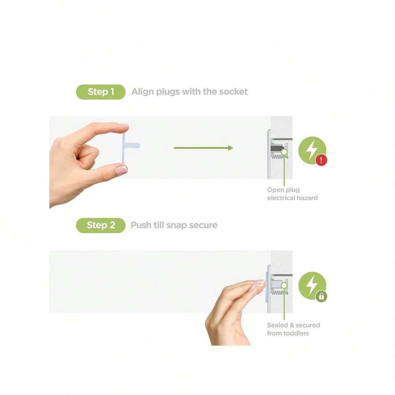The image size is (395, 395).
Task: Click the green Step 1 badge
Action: (x=101, y=92)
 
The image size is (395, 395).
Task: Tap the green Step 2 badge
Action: (x=101, y=225)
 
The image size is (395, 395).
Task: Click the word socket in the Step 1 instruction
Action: (x=233, y=92)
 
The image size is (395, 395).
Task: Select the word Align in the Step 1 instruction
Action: (x=143, y=92)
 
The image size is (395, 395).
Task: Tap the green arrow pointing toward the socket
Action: (x=203, y=148)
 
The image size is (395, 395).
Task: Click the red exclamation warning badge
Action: (x=321, y=160)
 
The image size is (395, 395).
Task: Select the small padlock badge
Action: (x=321, y=296)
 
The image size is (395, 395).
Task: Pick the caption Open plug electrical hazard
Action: (x=292, y=194)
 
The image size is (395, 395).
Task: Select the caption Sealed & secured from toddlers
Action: (x=293, y=329)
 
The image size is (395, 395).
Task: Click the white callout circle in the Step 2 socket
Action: (x=284, y=285)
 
